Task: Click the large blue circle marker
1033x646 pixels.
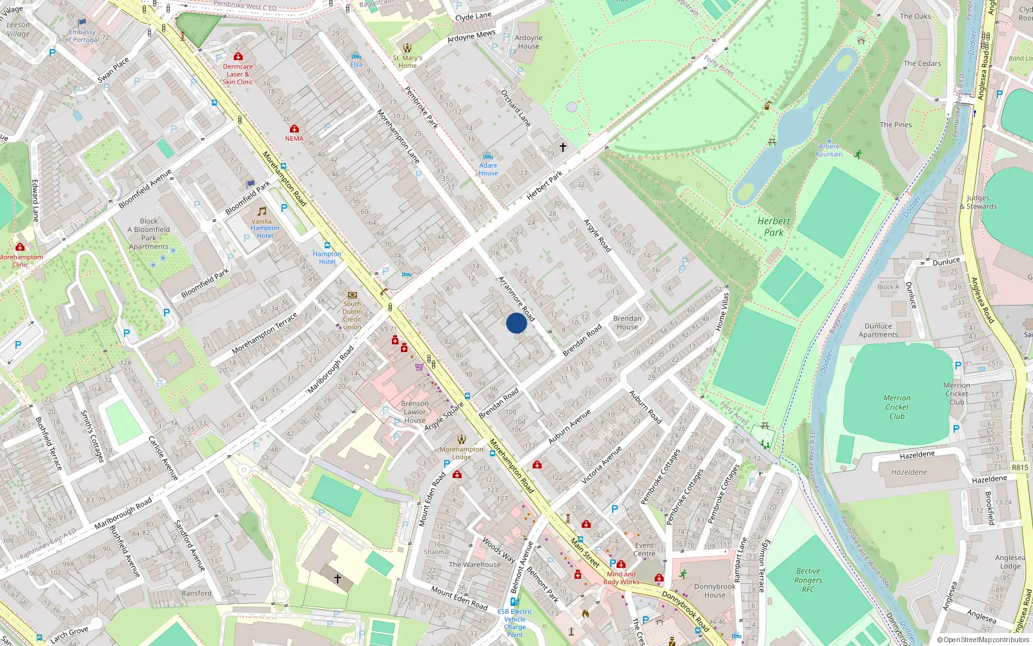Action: (516, 323)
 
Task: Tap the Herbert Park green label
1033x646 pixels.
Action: (773, 227)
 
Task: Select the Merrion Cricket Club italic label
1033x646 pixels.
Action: (897, 407)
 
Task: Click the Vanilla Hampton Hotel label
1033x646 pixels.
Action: (265, 228)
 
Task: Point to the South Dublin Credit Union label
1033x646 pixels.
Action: (352, 315)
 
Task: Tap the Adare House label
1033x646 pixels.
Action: (488, 169)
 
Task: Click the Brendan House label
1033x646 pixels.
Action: (627, 322)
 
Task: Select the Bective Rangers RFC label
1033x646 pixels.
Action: (808, 579)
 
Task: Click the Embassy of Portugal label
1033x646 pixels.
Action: (82, 36)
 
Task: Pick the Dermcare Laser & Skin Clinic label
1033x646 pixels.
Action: (238, 74)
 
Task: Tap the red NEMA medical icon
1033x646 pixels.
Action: (294, 129)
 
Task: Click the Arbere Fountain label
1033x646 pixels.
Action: (829, 151)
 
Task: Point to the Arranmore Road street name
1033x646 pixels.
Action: (516, 298)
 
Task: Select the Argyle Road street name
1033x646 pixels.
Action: (597, 236)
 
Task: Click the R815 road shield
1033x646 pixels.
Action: (1019, 467)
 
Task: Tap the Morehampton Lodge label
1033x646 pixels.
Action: (461, 453)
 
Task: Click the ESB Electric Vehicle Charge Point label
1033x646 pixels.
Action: (515, 623)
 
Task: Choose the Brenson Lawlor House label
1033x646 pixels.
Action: (414, 412)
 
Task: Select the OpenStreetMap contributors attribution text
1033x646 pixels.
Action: (983, 640)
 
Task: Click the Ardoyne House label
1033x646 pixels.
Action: (528, 42)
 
